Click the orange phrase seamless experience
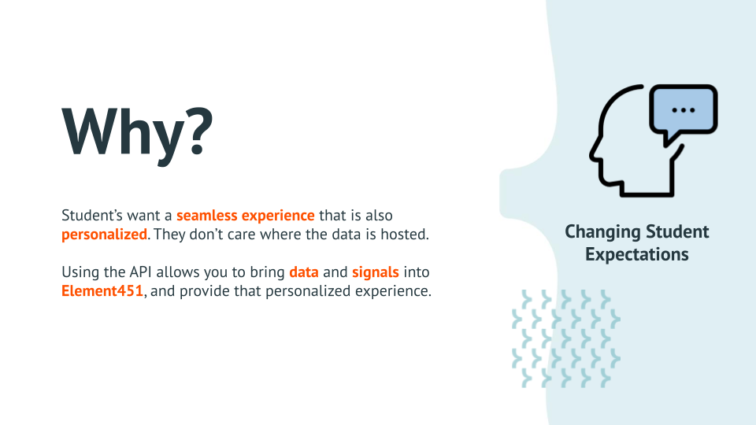246,215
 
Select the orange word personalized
105,234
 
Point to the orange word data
303,272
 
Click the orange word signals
376,272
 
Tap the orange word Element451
103,290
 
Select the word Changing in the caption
602,232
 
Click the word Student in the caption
678,232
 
